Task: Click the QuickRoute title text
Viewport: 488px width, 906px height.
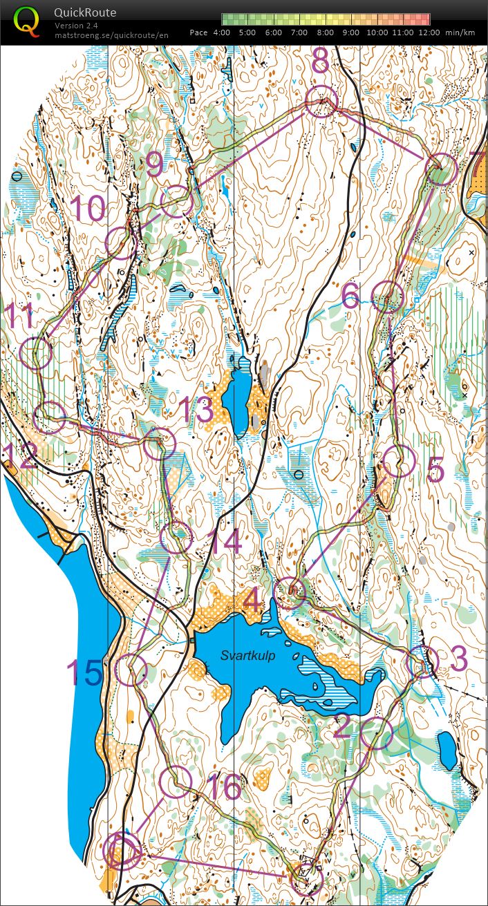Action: tap(85, 12)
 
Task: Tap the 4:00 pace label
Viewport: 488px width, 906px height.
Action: tap(222, 32)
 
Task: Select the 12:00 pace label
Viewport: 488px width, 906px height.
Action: tap(429, 32)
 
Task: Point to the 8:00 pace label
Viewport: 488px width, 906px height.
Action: tap(326, 32)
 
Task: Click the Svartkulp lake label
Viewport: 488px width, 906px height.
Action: tap(248, 656)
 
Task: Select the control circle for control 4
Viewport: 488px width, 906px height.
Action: tap(290, 593)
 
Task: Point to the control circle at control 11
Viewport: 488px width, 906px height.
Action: tap(36, 353)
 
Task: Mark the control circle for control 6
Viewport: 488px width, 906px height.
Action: tap(387, 298)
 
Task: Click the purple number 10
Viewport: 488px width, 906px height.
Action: tap(88, 209)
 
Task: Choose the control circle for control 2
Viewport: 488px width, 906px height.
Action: tap(376, 733)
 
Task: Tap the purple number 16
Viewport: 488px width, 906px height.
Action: tap(223, 787)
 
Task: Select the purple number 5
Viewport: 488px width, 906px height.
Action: tap(435, 470)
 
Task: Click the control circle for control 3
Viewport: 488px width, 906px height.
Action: tap(421, 663)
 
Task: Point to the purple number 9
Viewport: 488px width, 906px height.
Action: tap(155, 165)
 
